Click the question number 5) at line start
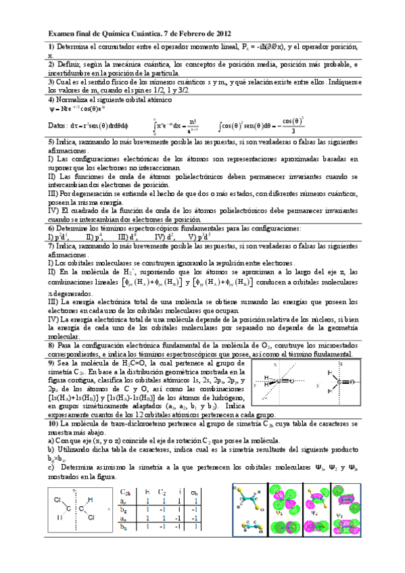coord(51,143)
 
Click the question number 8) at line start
coord(51,345)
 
